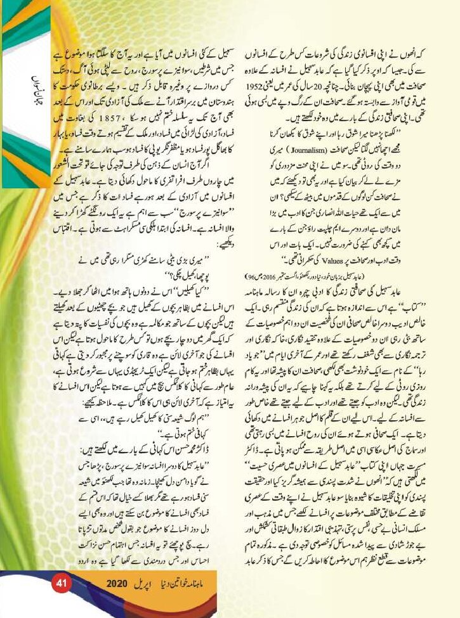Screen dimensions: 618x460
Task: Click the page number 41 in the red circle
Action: coord(62,600)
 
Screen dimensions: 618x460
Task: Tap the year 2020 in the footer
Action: coord(118,600)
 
